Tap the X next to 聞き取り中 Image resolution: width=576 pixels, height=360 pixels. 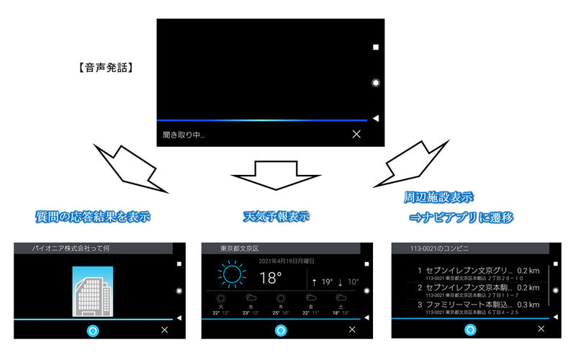(356, 134)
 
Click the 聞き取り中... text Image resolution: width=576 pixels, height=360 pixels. (184, 135)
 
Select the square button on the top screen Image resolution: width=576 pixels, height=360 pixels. (375, 48)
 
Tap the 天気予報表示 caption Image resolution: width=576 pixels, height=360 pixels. (276, 215)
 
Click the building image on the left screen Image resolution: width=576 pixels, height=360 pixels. (93, 290)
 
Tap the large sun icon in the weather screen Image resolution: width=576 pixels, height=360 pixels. (231, 276)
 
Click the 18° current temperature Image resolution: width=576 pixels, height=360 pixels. (270, 278)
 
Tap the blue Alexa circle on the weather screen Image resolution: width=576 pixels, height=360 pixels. (282, 330)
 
